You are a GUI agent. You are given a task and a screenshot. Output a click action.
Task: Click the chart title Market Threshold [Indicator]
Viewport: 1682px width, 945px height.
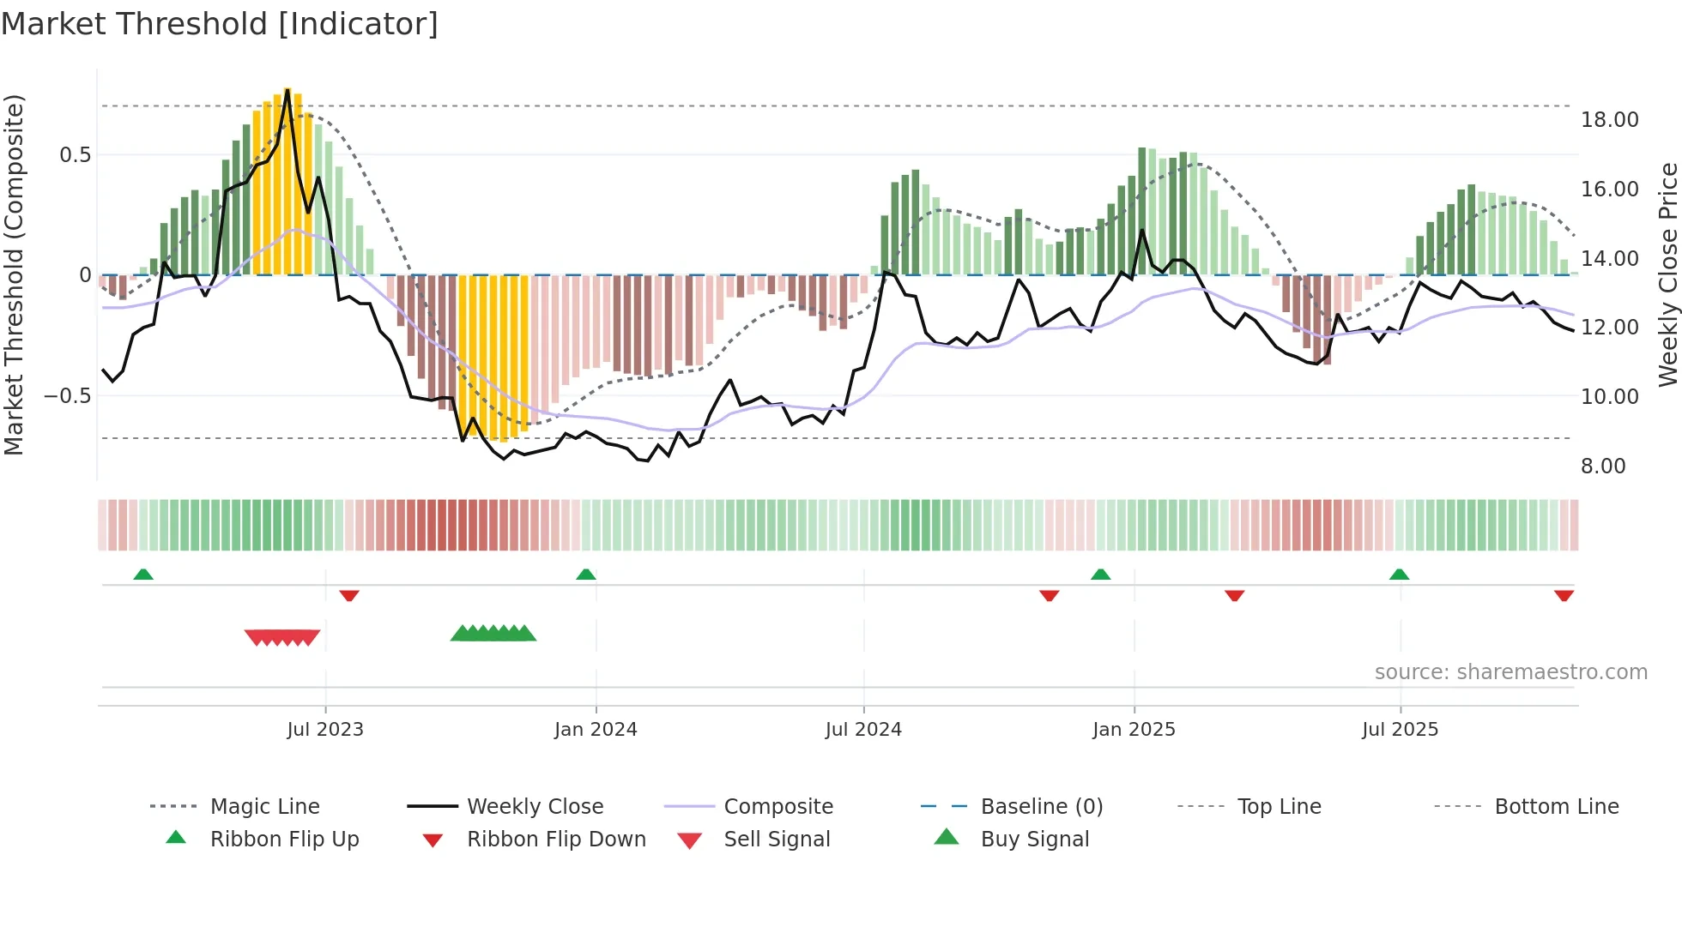pyautogui.click(x=220, y=24)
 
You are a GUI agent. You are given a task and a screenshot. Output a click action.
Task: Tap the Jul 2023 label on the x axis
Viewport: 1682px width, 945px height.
pyautogui.click(x=325, y=730)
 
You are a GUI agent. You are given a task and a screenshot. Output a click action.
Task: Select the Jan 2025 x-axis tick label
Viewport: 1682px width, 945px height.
pyautogui.click(x=1134, y=730)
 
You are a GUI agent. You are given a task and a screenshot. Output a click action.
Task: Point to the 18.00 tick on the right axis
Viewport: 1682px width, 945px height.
pyautogui.click(x=1610, y=120)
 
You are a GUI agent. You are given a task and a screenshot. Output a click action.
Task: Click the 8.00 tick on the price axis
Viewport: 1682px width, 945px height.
pyautogui.click(x=1603, y=466)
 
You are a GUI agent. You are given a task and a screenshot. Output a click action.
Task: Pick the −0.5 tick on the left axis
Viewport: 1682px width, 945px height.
pyautogui.click(x=68, y=396)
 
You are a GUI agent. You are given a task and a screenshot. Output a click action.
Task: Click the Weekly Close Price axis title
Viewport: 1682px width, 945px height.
pyautogui.click(x=1667, y=274)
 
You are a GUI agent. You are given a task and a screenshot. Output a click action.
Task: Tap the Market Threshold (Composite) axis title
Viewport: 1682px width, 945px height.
pyautogui.click(x=14, y=274)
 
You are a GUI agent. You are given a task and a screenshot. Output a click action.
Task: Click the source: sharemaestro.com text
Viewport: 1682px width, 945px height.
pyautogui.click(x=1510, y=672)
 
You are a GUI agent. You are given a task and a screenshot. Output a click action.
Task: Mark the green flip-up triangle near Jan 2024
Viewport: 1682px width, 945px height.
pyautogui.click(x=586, y=575)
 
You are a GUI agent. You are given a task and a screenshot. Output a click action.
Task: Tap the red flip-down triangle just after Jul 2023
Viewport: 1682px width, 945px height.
pyautogui.click(x=348, y=595)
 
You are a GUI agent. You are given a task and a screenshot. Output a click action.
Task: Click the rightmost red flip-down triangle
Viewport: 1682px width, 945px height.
pyautogui.click(x=1564, y=595)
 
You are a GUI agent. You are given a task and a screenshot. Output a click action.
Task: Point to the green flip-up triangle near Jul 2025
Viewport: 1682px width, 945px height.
pyautogui.click(x=1399, y=575)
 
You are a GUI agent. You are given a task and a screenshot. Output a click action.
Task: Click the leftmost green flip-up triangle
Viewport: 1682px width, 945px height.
pyautogui.click(x=143, y=575)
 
